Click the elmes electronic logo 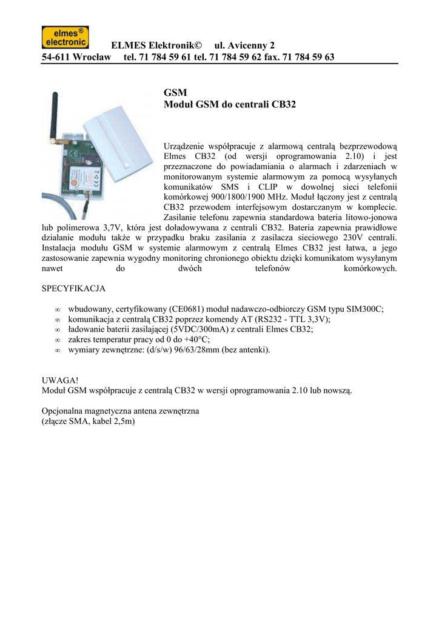tap(65, 38)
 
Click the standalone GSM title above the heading tap(173, 92)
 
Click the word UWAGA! tap(58, 380)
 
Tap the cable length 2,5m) tap(122, 421)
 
